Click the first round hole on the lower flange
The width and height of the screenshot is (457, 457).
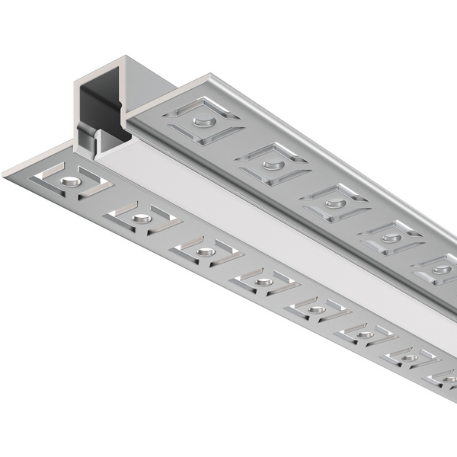(70, 181)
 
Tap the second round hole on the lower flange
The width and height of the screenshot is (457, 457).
(141, 219)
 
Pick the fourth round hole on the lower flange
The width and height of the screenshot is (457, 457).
(264, 282)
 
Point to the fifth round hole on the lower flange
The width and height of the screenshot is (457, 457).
(317, 308)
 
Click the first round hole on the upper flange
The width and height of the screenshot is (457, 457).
(202, 121)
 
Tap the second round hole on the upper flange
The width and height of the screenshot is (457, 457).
(270, 164)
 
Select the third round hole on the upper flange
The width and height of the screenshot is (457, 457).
(334, 203)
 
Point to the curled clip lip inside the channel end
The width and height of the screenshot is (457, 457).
(97, 141)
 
